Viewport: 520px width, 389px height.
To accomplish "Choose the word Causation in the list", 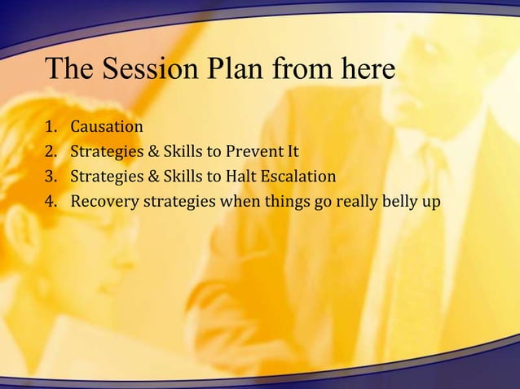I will [107, 127].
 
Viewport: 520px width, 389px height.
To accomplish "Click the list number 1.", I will [51, 127].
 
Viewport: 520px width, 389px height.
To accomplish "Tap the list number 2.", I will [51, 151].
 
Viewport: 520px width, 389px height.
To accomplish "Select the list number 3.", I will [51, 176].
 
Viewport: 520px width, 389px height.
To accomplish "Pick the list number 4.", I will [51, 200].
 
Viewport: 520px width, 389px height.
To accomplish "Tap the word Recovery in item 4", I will [101, 200].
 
